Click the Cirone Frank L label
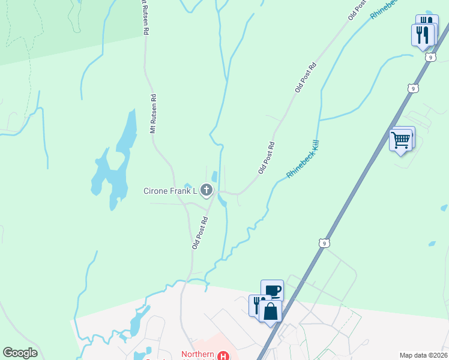coord(170,191)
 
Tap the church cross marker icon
coord(206,191)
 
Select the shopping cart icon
coord(400,140)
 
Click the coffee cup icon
coord(273,291)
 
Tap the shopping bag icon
coord(270,311)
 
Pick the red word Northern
coord(197,355)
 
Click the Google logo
coord(20,353)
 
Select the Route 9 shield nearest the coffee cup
coord(324,243)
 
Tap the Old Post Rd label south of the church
coord(200,232)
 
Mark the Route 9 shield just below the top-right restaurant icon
coord(430,57)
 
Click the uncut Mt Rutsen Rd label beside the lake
coord(153,113)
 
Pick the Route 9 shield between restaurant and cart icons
coord(412,88)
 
